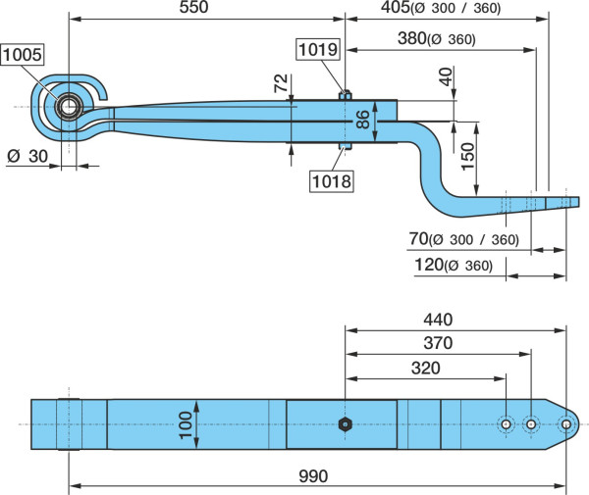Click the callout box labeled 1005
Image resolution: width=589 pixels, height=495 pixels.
pos(23,55)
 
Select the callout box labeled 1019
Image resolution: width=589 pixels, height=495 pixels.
pos(318,49)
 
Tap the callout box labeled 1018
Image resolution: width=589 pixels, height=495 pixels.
pos(332,181)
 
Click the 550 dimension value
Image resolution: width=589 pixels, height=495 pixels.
pos(193,8)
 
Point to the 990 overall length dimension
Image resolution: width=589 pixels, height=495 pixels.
pos(313,476)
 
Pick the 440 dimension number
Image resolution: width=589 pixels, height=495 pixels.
pos(438,320)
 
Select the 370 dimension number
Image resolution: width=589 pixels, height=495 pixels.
pos(438,343)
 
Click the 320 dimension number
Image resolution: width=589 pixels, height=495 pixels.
pos(426,369)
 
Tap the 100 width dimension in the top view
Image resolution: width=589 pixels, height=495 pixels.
pos(186,424)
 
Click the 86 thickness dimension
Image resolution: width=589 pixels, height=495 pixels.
pos(363,120)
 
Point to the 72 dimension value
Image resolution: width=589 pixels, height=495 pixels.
pos(281,83)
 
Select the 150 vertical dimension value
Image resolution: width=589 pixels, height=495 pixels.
pos(468,157)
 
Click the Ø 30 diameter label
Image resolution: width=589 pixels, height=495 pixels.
pos(27,156)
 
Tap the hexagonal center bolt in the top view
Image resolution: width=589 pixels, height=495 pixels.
pos(345,424)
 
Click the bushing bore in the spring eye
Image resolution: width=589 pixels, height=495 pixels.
pos(69,107)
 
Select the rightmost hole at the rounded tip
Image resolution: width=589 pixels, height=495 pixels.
pos(566,424)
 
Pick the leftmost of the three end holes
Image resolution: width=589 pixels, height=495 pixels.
pos(506,424)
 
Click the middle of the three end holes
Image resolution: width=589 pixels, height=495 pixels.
pos(531,424)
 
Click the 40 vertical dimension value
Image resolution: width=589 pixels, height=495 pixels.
pos(446,76)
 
